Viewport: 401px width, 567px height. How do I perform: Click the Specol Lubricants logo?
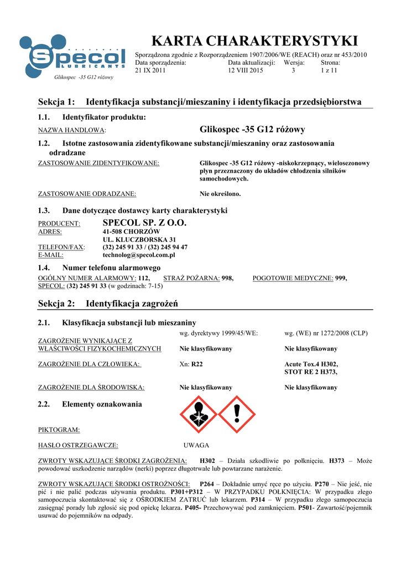(x=71, y=56)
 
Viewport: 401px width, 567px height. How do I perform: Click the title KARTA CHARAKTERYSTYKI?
(x=254, y=41)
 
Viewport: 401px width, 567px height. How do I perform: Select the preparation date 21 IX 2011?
(x=150, y=70)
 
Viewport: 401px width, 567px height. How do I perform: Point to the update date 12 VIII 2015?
(x=246, y=70)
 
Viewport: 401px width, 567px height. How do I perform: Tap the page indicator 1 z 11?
(x=330, y=70)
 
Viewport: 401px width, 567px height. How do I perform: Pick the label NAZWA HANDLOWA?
(x=71, y=131)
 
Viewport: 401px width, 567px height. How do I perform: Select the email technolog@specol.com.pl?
(x=139, y=255)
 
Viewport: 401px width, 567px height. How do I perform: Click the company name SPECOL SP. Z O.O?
(x=145, y=223)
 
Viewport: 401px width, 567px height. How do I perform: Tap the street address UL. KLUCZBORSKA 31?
(x=136, y=239)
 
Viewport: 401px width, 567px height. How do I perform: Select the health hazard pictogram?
(x=199, y=414)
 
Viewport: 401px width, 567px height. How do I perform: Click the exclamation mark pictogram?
(x=237, y=414)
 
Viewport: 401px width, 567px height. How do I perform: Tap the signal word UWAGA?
(x=196, y=445)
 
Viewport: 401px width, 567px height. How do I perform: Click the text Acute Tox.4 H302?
(x=311, y=364)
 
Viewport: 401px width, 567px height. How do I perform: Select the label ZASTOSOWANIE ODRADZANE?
(x=87, y=194)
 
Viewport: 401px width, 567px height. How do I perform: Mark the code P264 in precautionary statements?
(x=206, y=483)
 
